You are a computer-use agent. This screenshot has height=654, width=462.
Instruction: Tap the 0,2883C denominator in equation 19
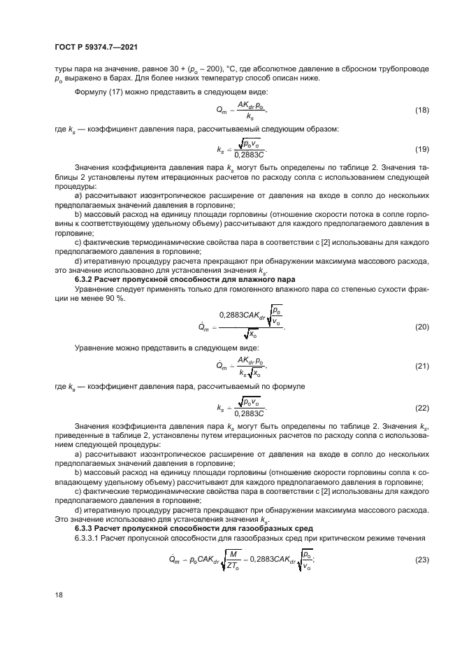250,155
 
